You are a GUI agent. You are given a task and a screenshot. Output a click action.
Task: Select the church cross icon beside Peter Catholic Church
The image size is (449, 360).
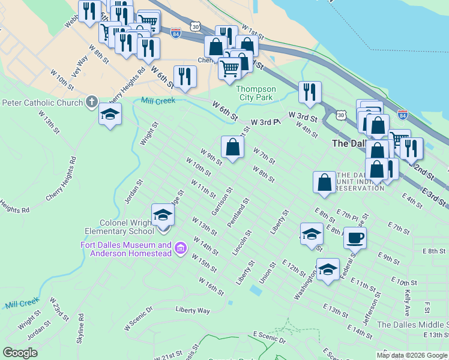point(91,102)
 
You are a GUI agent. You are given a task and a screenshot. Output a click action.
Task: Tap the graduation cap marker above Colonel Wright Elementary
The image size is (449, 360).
point(163,215)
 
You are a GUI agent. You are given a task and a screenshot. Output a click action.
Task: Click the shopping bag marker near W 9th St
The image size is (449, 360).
point(232,146)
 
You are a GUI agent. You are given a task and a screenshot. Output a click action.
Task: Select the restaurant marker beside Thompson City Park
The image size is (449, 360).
point(310,92)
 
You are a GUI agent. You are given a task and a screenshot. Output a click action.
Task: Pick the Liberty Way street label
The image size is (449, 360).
point(193,310)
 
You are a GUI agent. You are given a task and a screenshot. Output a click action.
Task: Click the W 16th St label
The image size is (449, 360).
point(211,287)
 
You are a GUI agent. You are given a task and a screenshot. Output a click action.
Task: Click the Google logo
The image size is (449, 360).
point(20,353)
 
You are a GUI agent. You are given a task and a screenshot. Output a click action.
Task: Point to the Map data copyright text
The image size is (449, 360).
point(412,355)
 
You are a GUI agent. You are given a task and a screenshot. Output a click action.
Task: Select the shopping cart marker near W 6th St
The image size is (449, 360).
point(229,69)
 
